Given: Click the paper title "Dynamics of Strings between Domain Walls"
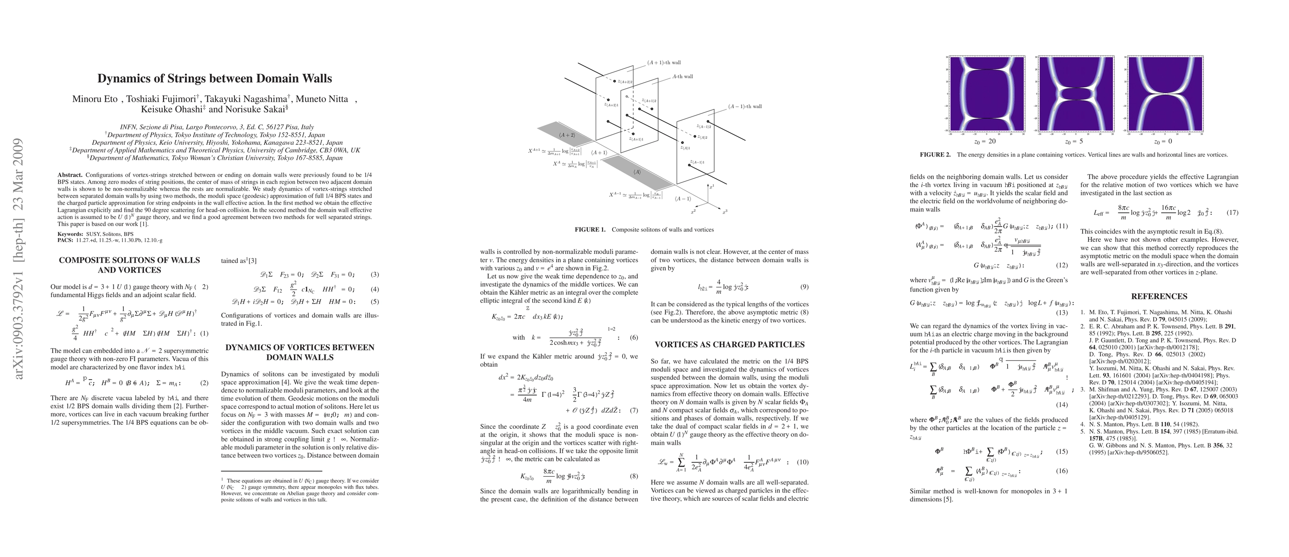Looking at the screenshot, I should click(x=214, y=78).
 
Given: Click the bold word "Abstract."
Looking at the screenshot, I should click(x=70, y=175).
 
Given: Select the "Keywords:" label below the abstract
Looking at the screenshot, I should click(x=70, y=234).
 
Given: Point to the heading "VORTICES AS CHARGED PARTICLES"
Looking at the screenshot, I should click(x=730, y=344).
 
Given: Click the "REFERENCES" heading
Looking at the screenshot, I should click(x=1159, y=296).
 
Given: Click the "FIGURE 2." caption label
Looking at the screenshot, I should click(x=935, y=155).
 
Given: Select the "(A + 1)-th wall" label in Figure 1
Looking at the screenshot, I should click(x=664, y=63).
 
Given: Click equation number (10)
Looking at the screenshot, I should click(x=801, y=462).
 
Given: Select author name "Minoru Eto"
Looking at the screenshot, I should click(x=94, y=99).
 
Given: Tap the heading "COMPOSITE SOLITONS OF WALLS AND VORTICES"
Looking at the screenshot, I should click(x=129, y=265).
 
